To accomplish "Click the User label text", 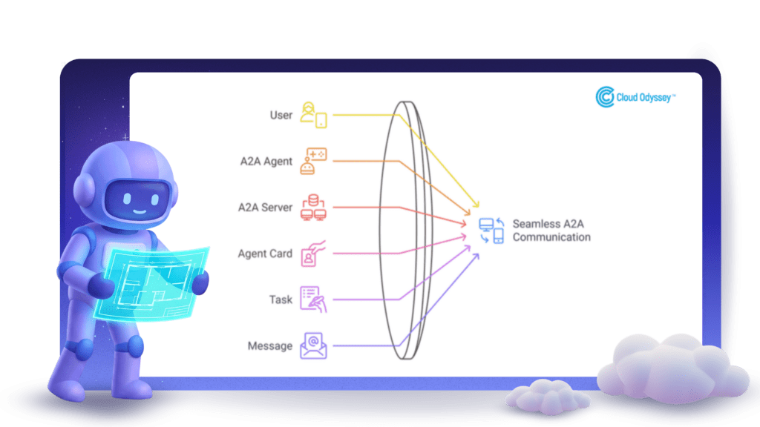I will click(281, 116).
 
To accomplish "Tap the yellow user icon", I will click(313, 115).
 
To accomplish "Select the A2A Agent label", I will click(266, 162).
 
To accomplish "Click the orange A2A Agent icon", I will click(313, 161).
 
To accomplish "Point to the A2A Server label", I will click(266, 208).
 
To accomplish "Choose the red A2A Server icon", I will click(313, 208).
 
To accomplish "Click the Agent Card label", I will click(265, 254).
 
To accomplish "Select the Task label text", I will click(281, 300).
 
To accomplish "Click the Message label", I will click(270, 346).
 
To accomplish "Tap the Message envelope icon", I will click(313, 345).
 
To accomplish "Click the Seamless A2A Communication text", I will click(551, 231).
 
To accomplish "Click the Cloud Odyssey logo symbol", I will click(605, 97).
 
